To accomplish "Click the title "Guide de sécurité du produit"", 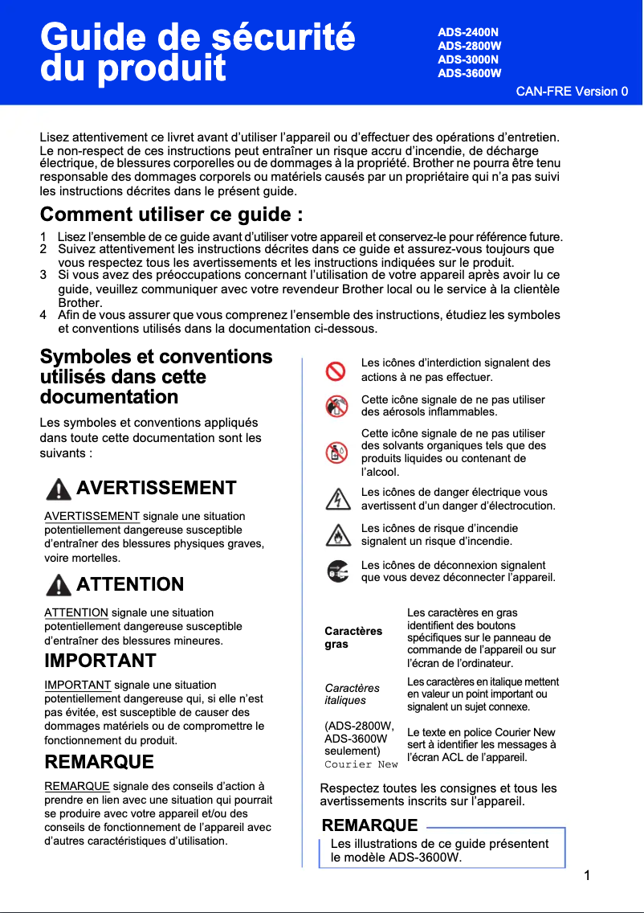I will tap(198, 53).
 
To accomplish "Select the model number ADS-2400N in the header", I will tap(468, 32).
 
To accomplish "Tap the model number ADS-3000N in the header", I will tap(468, 59).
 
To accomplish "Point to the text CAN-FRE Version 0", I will tap(572, 91).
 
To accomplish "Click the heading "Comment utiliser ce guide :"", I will tap(172, 215).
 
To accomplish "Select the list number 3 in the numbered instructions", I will tap(43, 275).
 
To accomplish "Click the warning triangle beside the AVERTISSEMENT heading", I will tap(59, 489).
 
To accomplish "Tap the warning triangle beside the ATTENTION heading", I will tap(59, 585).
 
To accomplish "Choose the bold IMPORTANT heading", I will tap(100, 661).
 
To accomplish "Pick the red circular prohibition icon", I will tap(336, 371).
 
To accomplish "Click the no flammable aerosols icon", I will tap(336, 407).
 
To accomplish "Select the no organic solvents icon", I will tap(336, 452).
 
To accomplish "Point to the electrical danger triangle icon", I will tap(336, 499).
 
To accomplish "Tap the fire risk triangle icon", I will tap(336, 535).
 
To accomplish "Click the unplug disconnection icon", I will tap(336, 571).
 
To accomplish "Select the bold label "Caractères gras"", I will tap(353, 638).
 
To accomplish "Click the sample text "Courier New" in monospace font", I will tap(361, 764).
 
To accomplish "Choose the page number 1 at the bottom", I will tap(588, 875).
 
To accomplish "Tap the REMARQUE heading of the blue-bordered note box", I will tap(369, 825).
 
